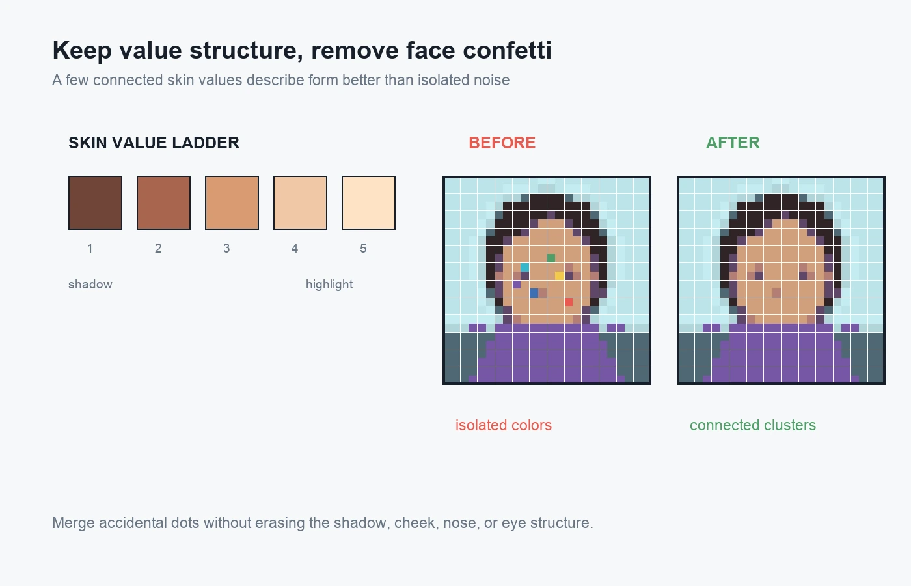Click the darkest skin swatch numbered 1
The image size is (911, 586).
pos(95,202)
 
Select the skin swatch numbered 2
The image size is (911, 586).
pos(163,202)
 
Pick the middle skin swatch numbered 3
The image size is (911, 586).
pos(232,202)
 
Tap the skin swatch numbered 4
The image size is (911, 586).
pos(300,202)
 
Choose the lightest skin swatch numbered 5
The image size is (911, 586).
pos(368,202)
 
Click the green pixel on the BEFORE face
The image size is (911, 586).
pos(551,258)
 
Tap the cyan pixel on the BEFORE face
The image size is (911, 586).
pos(525,267)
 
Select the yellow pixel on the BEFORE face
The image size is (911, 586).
pos(560,275)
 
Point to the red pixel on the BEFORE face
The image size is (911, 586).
pos(569,302)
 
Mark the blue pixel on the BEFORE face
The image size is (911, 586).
pos(534,293)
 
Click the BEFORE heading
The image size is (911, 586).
pos(502,143)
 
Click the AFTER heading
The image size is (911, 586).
pos(733,143)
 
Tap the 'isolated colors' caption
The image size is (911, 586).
pos(504,425)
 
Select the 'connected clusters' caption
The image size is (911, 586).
pos(753,425)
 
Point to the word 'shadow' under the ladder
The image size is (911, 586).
pos(90,284)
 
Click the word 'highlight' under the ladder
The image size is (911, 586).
pos(329,285)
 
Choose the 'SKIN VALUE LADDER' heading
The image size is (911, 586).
pos(154,143)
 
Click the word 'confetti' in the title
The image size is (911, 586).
pos(507,51)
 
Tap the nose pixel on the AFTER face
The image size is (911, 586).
pos(776,293)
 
